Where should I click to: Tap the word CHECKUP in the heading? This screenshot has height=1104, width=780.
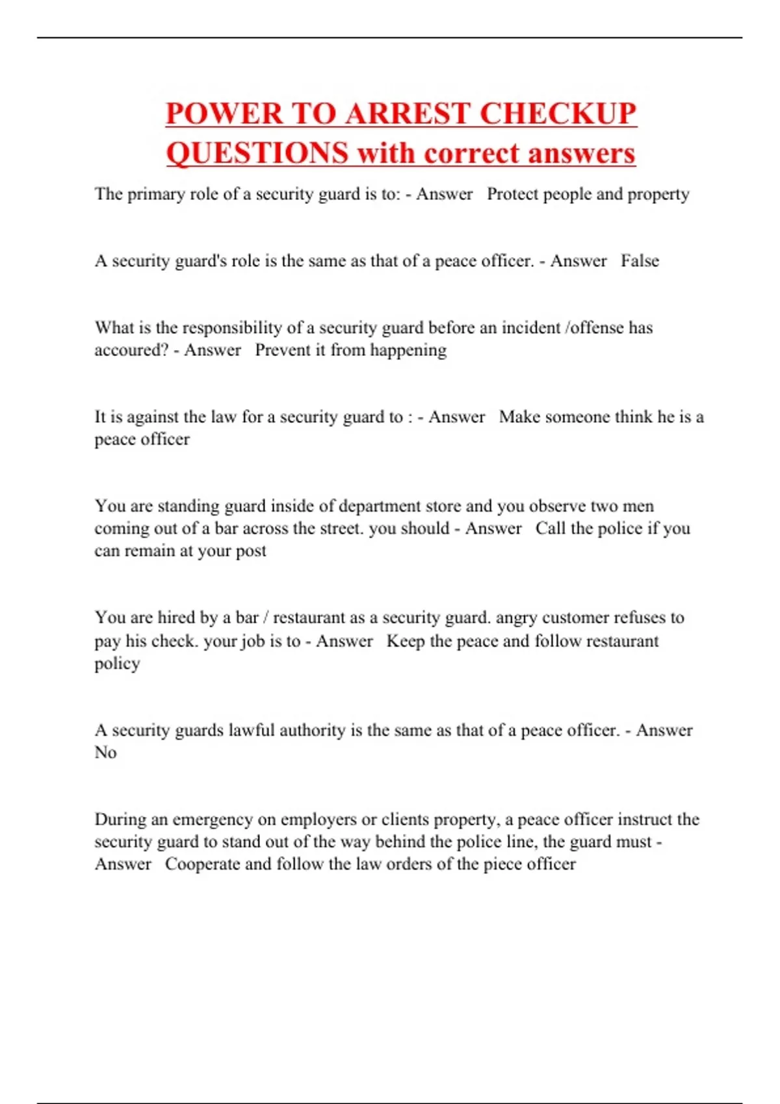(558, 114)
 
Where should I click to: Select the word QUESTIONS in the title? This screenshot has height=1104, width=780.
(257, 153)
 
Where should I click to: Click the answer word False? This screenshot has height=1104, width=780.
(640, 261)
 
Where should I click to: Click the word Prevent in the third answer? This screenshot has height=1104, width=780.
(283, 350)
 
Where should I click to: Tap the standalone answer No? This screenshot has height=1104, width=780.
(105, 752)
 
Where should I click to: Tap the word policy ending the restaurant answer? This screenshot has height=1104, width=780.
(117, 664)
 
